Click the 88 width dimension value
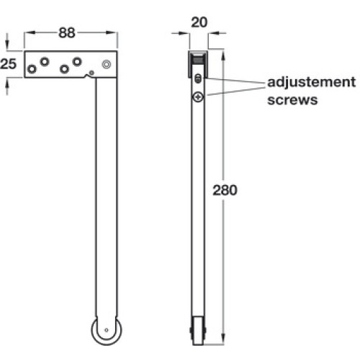pyautogui.click(x=67, y=33)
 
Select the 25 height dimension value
pyautogui.click(x=9, y=64)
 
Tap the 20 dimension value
pyautogui.click(x=199, y=22)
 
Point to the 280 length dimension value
pyautogui.click(x=225, y=190)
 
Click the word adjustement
pyautogui.click(x=311, y=83)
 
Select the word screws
pyautogui.click(x=292, y=100)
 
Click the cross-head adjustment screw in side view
pyautogui.click(x=198, y=97)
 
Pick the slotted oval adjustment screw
pyautogui.click(x=198, y=78)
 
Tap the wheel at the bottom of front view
pyautogui.click(x=107, y=330)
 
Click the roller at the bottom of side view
pyautogui.click(x=198, y=330)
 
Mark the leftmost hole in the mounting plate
pyautogui.click(x=32, y=69)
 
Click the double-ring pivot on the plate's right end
pyautogui.click(x=107, y=64)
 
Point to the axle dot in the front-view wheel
pyautogui.click(x=107, y=330)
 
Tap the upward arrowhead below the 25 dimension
pyautogui.click(x=7, y=84)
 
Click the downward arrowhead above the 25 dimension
pyautogui.click(x=7, y=45)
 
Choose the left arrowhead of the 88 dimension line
pyautogui.click(x=30, y=32)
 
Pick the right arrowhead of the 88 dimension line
pyautogui.click(x=112, y=32)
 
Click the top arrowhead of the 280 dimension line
pyautogui.click(x=223, y=55)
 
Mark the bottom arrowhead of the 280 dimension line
pyautogui.click(x=223, y=339)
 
